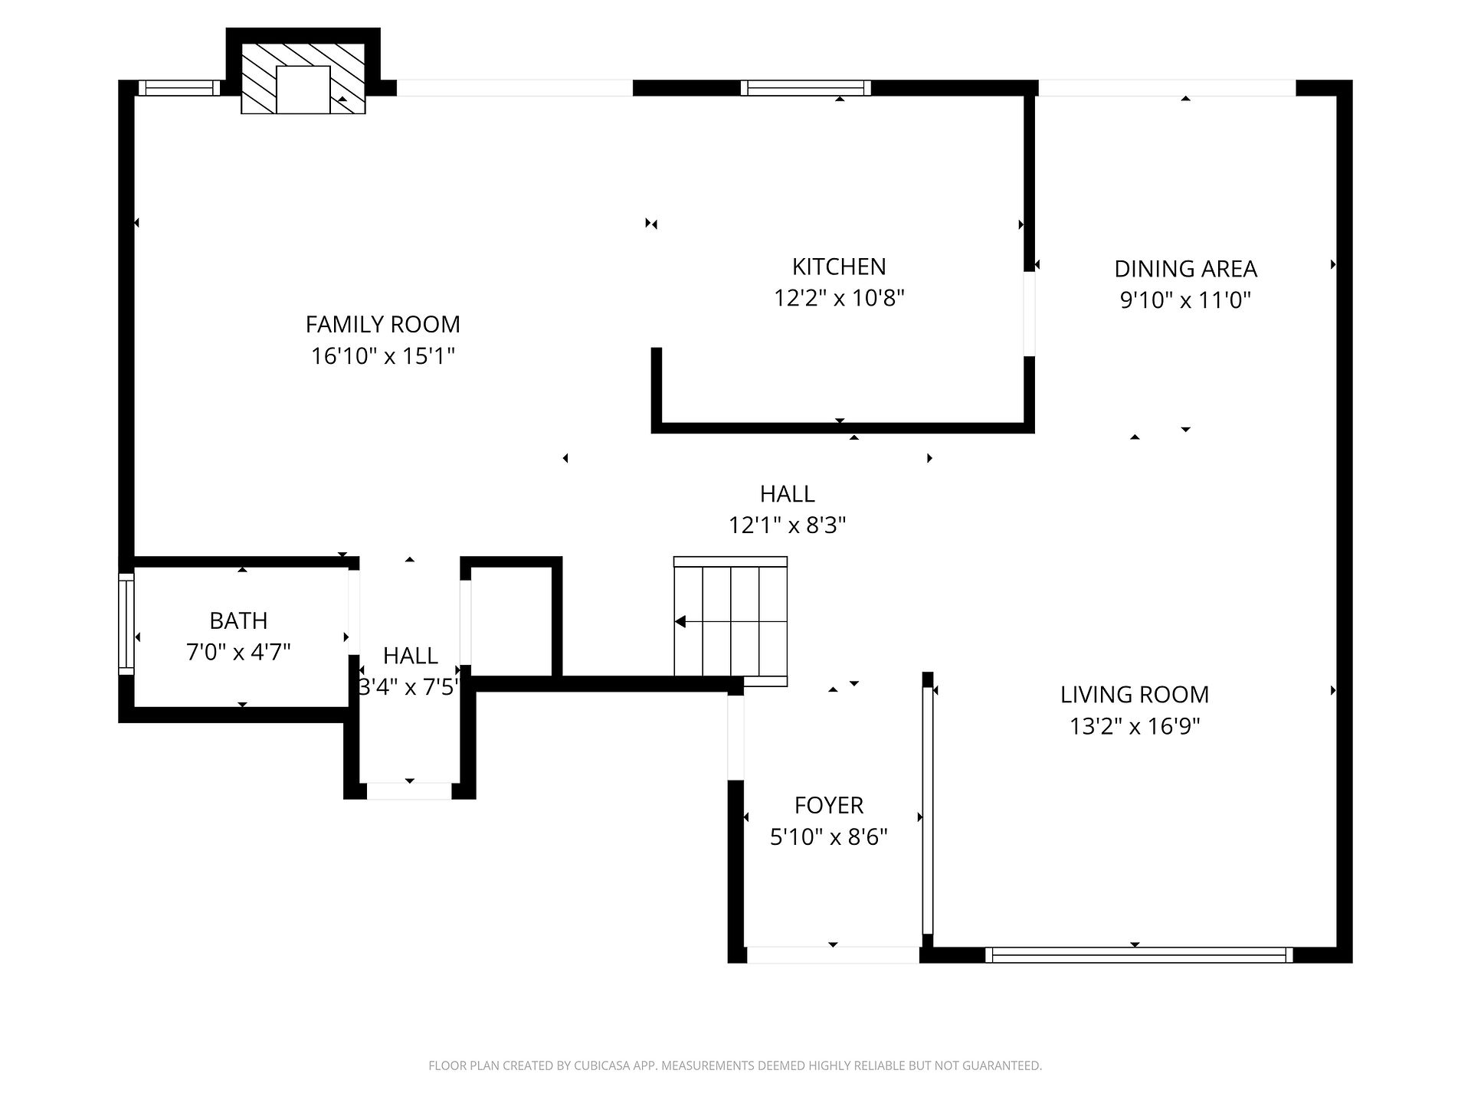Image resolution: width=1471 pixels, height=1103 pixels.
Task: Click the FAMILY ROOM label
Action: (x=383, y=325)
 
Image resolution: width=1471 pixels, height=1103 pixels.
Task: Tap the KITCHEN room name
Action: (x=839, y=267)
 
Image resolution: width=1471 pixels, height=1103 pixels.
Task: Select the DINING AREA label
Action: (x=1185, y=269)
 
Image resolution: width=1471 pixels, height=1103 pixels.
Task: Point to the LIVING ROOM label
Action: (x=1135, y=695)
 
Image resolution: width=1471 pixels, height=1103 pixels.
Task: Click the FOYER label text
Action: (x=829, y=805)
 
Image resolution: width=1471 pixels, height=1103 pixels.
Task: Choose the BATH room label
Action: (x=238, y=620)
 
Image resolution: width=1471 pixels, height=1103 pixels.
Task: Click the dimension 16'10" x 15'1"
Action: (x=383, y=356)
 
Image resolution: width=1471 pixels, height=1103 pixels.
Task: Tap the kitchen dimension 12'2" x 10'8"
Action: (x=839, y=298)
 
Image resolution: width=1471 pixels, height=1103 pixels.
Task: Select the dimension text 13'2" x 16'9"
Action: (x=1135, y=726)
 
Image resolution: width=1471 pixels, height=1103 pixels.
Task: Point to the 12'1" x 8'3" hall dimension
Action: (x=787, y=525)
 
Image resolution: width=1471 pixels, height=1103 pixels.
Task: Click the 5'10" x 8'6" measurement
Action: (x=829, y=836)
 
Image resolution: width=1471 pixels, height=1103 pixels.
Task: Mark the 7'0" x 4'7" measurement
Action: (x=238, y=653)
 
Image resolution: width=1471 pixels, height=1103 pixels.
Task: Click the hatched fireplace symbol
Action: (x=303, y=78)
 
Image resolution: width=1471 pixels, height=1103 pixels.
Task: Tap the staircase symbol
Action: (x=731, y=621)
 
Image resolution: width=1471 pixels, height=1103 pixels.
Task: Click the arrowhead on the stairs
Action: (x=680, y=621)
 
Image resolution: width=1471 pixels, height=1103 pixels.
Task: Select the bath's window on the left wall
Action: (x=126, y=624)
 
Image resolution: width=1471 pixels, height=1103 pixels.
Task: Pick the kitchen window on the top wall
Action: (x=806, y=88)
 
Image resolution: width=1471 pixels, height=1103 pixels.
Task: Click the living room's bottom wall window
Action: (x=1138, y=954)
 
